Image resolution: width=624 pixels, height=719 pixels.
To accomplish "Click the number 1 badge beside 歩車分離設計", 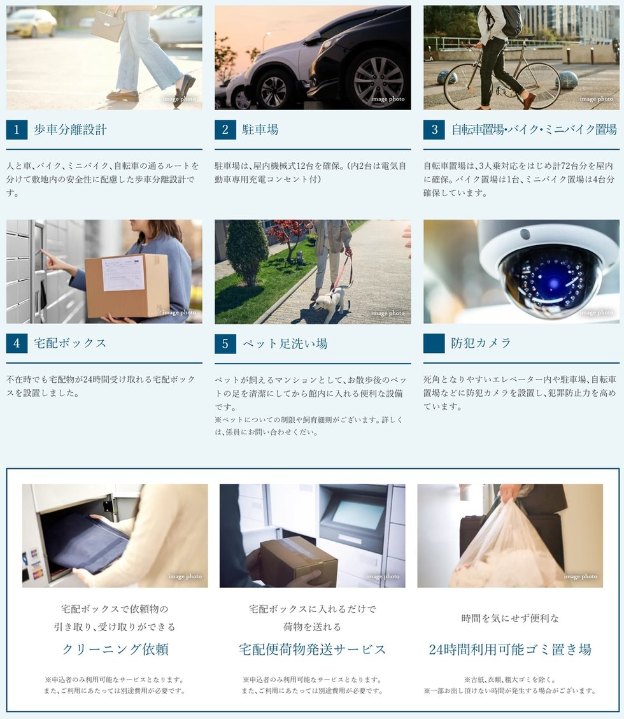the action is [x=17, y=130].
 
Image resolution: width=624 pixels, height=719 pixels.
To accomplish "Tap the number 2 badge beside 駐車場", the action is [x=225, y=130].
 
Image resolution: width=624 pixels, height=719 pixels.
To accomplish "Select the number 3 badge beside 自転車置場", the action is [x=434, y=130].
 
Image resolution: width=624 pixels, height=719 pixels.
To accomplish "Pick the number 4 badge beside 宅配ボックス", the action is [x=17, y=343].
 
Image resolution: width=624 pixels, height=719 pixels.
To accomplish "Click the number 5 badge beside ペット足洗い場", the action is [x=225, y=344].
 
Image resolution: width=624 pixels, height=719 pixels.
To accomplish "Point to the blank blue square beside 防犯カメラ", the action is [x=434, y=343].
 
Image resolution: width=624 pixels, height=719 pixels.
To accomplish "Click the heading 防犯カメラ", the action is [x=481, y=343].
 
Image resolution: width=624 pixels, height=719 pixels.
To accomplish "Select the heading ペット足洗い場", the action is [x=285, y=344].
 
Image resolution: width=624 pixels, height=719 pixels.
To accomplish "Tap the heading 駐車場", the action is [x=260, y=130].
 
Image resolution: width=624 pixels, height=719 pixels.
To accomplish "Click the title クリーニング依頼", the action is [x=115, y=650].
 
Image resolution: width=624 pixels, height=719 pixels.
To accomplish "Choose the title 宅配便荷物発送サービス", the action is [x=312, y=650].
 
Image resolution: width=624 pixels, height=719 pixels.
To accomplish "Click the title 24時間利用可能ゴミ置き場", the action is [x=510, y=650].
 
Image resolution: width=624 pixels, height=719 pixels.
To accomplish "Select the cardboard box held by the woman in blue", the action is [x=127, y=285].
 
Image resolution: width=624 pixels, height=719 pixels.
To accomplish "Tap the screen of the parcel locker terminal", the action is [x=358, y=513].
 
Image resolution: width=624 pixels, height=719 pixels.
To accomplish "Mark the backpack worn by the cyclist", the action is [x=510, y=20].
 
